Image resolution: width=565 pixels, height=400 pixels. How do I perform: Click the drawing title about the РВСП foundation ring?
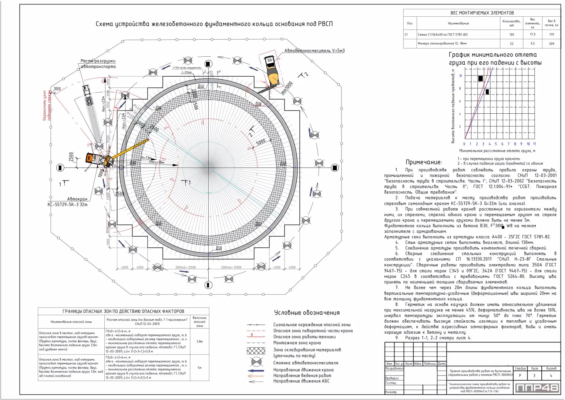214,24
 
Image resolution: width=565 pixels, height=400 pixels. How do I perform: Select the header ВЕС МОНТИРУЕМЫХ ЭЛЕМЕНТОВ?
482,13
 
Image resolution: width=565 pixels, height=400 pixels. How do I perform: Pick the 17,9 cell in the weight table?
532,34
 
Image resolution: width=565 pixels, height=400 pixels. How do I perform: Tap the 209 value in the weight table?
551,44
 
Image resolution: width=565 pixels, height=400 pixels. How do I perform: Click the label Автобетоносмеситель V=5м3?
314,51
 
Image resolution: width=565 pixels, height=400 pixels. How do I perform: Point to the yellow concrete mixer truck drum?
273,77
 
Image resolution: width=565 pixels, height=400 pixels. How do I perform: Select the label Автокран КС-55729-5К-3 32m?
67,202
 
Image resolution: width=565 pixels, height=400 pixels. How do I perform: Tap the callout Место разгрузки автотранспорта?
98,64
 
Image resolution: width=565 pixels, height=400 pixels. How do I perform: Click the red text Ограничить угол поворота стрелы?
47,106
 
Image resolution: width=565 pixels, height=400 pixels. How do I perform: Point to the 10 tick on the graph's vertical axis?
460,76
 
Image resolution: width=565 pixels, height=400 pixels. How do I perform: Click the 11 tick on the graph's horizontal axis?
534,144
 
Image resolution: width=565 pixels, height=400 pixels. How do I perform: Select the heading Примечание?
424,162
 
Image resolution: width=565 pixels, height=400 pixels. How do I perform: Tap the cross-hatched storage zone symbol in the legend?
256,350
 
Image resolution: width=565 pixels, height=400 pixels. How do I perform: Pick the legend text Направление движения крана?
303,370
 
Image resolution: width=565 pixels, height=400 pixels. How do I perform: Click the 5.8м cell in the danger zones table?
199,341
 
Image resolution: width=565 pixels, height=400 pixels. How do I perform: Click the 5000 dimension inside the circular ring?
260,142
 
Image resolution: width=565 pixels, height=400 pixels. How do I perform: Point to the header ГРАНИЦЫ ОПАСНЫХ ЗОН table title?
123,311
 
